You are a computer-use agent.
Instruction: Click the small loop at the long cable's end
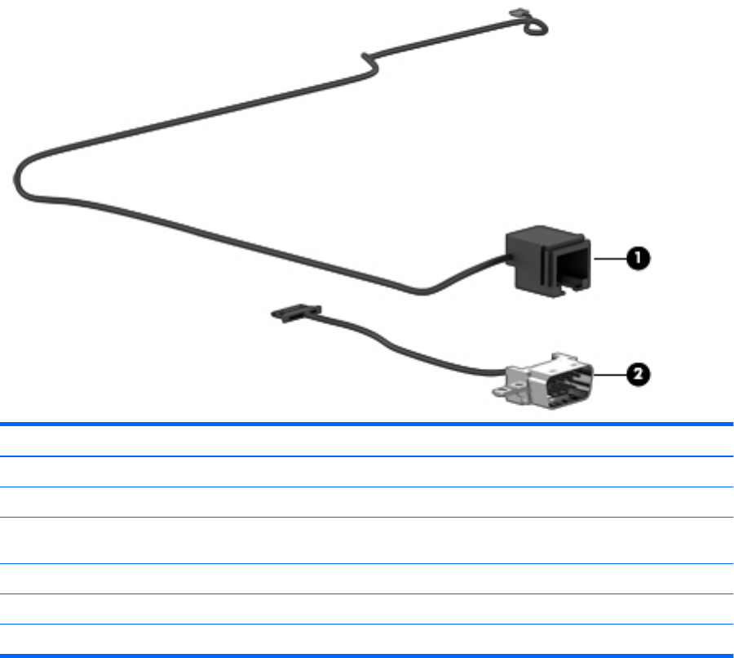[x=533, y=25]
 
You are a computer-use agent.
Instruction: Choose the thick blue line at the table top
[x=367, y=425]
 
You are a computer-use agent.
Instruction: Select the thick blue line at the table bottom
[x=367, y=655]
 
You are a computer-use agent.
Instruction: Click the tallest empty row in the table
[x=367, y=540]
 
